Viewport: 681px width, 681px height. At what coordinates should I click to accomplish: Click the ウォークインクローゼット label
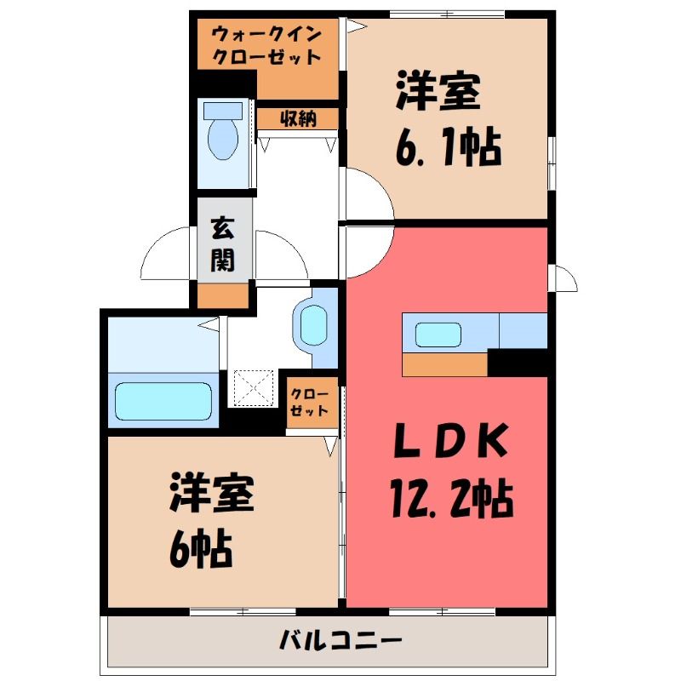pos(266,45)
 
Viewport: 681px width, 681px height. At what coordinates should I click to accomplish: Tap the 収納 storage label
pos(298,118)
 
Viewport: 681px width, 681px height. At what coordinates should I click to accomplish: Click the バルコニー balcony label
pos(340,640)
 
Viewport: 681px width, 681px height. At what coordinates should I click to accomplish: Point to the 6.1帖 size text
pos(449,147)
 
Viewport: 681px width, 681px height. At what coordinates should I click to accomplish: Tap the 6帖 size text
pos(201,548)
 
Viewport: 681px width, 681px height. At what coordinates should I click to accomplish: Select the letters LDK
pos(451,440)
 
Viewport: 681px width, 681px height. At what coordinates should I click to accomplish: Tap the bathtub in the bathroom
pos(163,401)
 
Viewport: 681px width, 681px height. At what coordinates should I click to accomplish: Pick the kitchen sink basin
pos(438,335)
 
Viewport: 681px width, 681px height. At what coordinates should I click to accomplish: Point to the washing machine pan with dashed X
pos(254,388)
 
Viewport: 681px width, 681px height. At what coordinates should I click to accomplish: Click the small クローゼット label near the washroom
pos(309,402)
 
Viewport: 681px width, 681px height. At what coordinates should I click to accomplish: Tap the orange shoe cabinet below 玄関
pos(223,295)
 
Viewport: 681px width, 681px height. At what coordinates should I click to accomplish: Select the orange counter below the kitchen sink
pos(445,364)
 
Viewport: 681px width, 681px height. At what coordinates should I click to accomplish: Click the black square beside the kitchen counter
pos(518,363)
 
